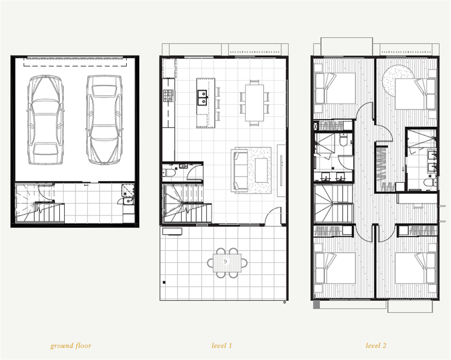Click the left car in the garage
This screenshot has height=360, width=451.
(46, 120)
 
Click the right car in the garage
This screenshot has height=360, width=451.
(104, 120)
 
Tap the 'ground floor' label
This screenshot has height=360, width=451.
(71, 345)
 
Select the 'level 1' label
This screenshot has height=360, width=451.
(222, 345)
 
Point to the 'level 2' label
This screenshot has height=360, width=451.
(376, 345)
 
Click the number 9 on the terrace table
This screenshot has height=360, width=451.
(225, 261)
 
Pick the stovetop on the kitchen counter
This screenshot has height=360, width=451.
(169, 95)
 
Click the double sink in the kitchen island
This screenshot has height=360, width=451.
(202, 98)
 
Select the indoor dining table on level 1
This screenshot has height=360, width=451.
(255, 103)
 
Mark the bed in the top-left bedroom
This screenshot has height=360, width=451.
(335, 88)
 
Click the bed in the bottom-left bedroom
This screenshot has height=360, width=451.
(335, 268)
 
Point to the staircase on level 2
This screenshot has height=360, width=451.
(334, 204)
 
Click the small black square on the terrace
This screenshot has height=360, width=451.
(164, 282)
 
